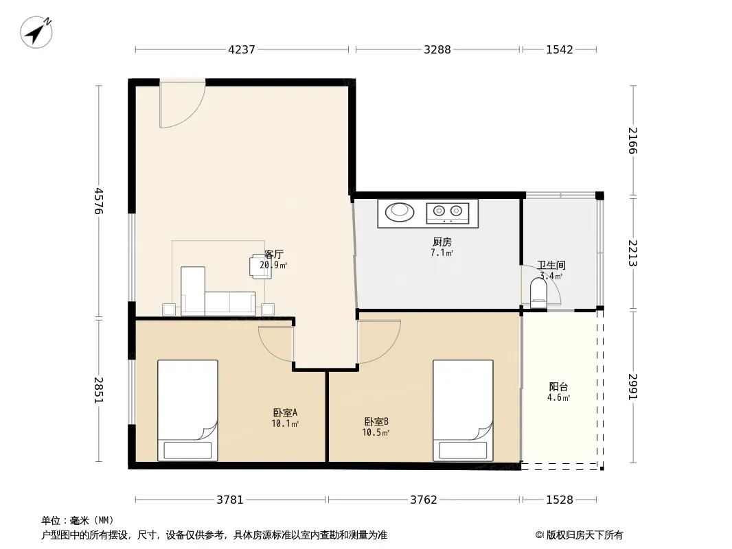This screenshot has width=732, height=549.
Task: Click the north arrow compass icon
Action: (36, 32)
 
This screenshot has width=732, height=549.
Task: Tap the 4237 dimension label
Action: (241, 49)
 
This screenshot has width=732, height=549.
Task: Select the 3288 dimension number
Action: (437, 49)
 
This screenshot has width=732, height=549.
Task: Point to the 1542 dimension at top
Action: (559, 49)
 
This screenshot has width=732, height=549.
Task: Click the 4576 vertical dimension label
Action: (98, 201)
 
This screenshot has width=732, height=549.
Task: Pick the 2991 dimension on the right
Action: (632, 386)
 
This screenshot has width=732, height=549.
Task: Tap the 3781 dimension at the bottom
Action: (229, 500)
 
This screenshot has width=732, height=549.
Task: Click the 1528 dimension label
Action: (559, 500)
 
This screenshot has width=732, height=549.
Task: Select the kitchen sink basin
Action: (400, 211)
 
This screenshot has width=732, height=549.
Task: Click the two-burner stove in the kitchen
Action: (447, 213)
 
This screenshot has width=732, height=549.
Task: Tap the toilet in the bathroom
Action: (539, 292)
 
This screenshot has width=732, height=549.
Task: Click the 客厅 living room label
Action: (273, 254)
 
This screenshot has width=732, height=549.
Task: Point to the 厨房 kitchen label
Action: (442, 242)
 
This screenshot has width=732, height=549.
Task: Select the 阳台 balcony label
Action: (558, 386)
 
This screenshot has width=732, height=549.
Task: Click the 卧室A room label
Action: (285, 413)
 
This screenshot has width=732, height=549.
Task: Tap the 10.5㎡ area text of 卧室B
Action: (376, 433)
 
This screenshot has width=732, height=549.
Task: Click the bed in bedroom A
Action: (187, 410)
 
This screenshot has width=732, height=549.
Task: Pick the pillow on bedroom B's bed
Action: (463, 450)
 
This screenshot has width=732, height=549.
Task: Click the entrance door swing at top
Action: (182, 104)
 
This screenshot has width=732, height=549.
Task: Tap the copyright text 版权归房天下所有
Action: (584, 535)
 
